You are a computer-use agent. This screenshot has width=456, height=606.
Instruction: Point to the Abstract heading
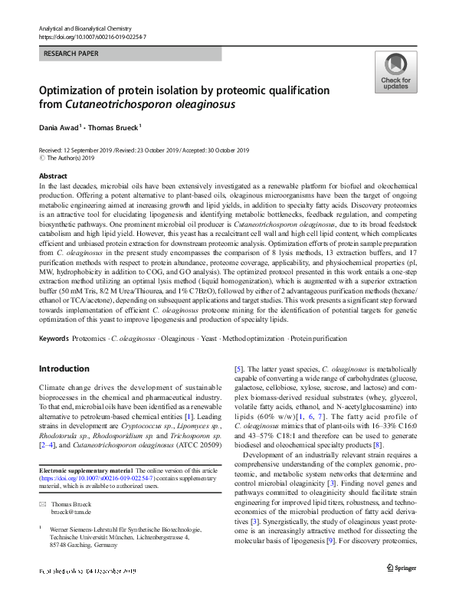[x=53, y=176]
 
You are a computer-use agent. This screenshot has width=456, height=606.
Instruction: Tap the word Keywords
[x=54, y=338]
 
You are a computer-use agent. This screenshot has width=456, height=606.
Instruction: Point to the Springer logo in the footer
[x=401, y=588]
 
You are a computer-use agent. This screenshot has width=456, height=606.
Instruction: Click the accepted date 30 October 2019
[x=225, y=149]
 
